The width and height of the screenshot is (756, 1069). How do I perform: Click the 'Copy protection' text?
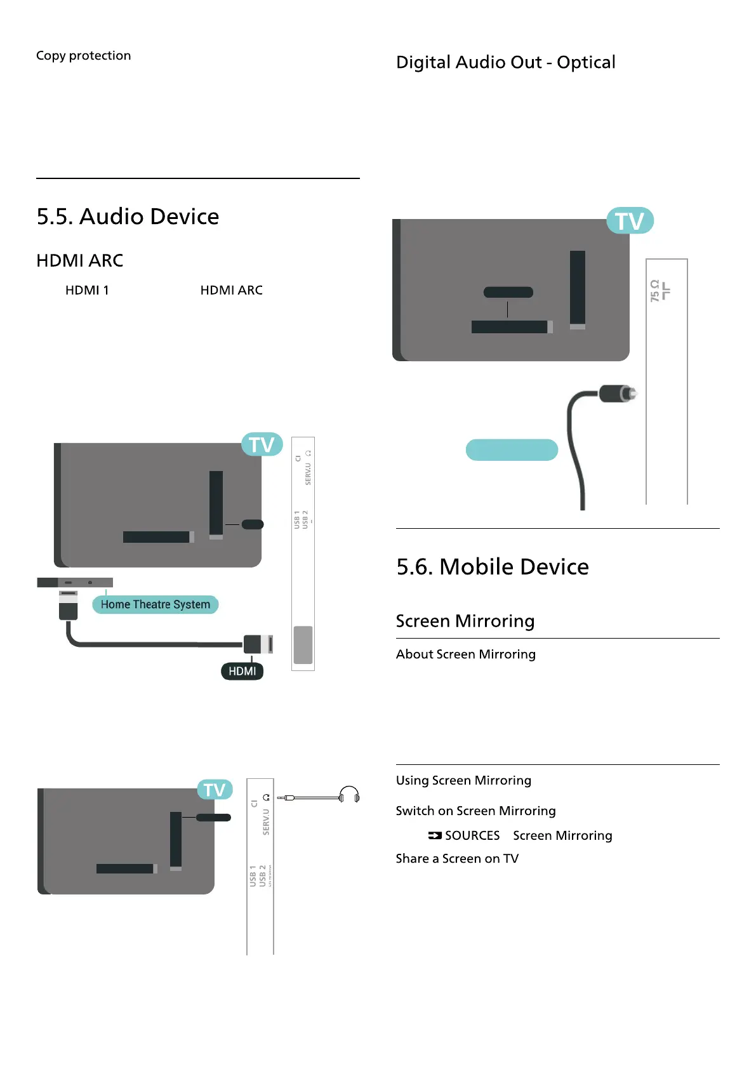(x=83, y=56)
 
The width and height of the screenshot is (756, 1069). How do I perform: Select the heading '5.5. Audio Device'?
(x=128, y=216)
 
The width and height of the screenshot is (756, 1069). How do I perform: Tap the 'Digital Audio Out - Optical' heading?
(x=505, y=62)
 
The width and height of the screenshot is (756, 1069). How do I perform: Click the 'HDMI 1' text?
(x=87, y=290)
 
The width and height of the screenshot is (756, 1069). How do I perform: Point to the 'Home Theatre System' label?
(x=155, y=604)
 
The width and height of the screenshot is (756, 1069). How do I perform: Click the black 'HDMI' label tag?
(x=242, y=671)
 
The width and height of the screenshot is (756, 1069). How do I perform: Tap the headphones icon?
(x=349, y=795)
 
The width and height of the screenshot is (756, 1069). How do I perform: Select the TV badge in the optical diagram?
(x=629, y=221)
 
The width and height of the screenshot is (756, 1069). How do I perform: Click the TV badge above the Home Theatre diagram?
(x=262, y=444)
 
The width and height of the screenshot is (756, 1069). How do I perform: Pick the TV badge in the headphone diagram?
(x=215, y=790)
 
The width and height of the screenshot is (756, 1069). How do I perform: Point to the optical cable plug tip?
(x=628, y=394)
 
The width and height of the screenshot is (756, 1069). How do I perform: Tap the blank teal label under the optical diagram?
(x=512, y=449)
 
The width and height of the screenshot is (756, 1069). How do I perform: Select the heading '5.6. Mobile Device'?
(x=492, y=566)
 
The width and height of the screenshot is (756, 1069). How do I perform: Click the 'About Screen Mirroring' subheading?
(x=465, y=654)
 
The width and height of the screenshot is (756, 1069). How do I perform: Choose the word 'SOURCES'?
(x=472, y=835)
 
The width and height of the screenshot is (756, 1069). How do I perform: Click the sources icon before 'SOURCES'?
(x=434, y=835)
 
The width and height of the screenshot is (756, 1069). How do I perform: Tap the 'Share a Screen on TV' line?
(x=457, y=858)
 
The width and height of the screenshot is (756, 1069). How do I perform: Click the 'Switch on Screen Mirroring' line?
(x=475, y=811)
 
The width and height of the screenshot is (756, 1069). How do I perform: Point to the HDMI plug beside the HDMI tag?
(x=258, y=644)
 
